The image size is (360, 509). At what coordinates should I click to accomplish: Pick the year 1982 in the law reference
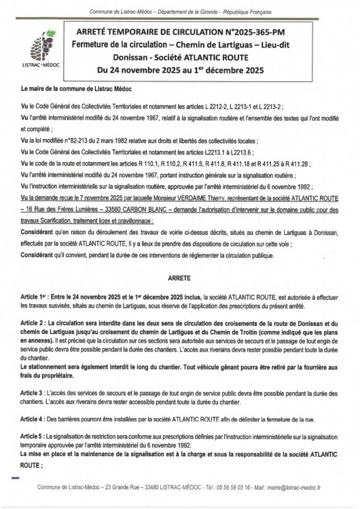coord(105,136)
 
